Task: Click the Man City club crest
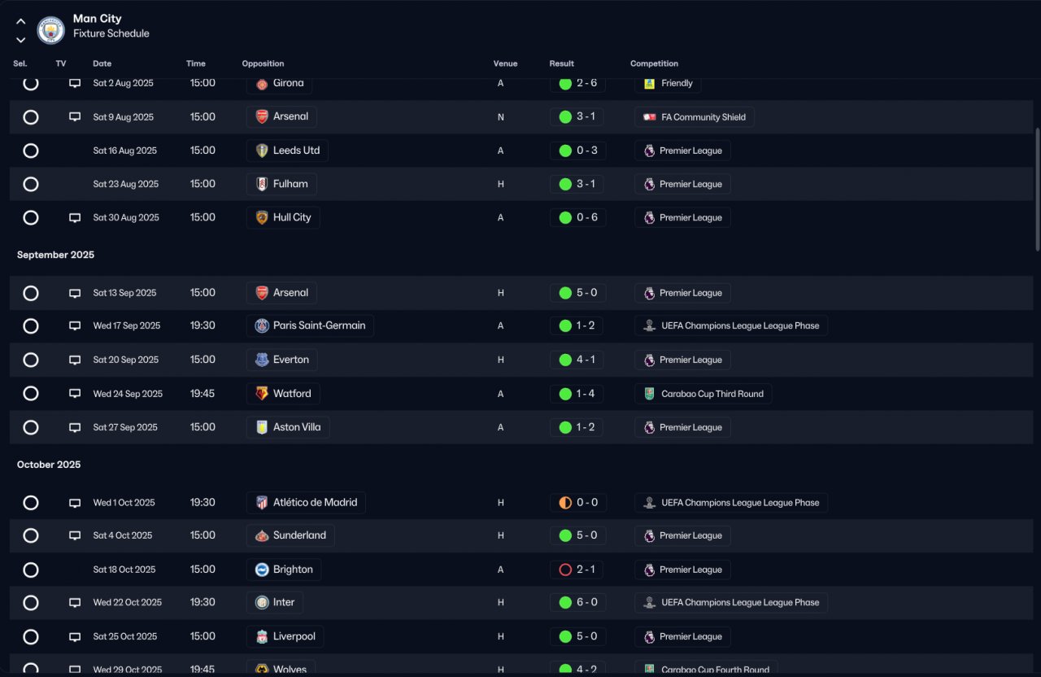click(x=50, y=30)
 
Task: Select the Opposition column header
click(x=263, y=63)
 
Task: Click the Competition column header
click(x=654, y=63)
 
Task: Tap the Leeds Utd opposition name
click(x=296, y=151)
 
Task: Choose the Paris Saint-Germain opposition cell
click(x=310, y=325)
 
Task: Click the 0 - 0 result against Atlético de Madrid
click(x=587, y=502)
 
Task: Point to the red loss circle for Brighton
click(x=565, y=570)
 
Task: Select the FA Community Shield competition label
click(x=703, y=117)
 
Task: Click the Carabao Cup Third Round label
click(x=712, y=394)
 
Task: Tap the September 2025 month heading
click(x=56, y=255)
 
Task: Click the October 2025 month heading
click(x=49, y=465)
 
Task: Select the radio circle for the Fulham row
click(x=31, y=184)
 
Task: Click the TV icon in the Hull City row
click(x=75, y=217)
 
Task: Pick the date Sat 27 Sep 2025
click(x=125, y=427)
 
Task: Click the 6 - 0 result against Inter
click(x=587, y=602)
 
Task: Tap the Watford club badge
click(x=262, y=393)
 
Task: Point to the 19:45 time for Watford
click(x=203, y=393)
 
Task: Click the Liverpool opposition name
click(x=294, y=636)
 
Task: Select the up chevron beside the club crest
click(x=21, y=21)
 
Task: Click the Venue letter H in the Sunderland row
click(x=500, y=535)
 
